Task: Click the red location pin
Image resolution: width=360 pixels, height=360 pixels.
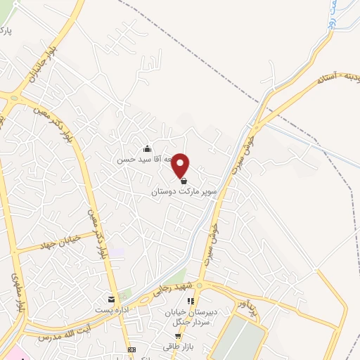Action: [x=181, y=165]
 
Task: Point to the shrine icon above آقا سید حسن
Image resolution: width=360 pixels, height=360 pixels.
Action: [x=146, y=148]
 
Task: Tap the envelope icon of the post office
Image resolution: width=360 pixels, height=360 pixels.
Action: [x=110, y=298]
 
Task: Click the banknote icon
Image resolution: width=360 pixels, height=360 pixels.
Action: [x=131, y=349]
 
